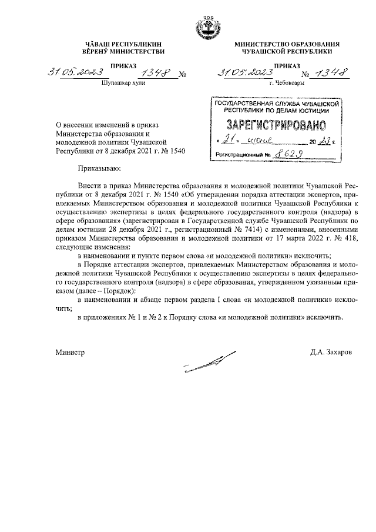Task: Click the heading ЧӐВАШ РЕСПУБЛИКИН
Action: (x=123, y=45)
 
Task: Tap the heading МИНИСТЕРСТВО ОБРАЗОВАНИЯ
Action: (x=287, y=45)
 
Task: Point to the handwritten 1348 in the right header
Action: (x=331, y=74)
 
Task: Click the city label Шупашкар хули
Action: (x=123, y=84)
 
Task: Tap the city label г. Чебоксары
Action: (x=286, y=84)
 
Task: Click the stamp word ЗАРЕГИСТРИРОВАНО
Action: (x=274, y=125)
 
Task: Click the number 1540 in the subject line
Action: (x=176, y=151)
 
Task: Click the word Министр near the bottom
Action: (x=70, y=353)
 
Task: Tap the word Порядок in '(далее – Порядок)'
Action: (x=120, y=291)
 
